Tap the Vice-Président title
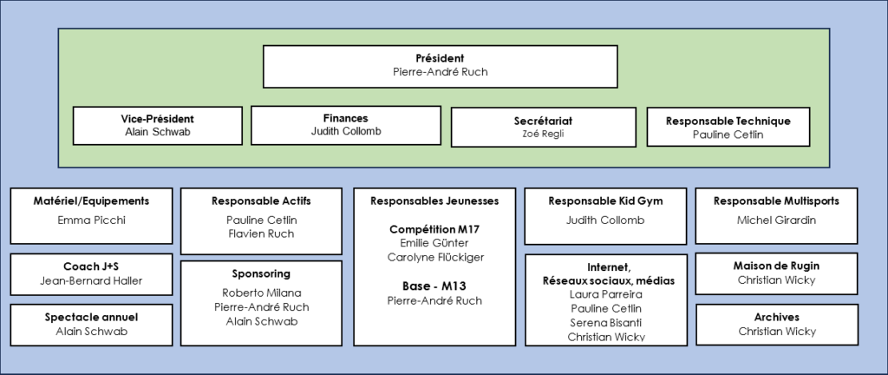point(157,118)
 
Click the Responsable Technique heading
point(728,121)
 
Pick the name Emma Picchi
point(91,220)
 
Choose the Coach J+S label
point(91,266)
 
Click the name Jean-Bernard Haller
point(91,280)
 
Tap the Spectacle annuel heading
point(91,317)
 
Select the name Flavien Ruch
point(260,234)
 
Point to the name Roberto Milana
point(260,293)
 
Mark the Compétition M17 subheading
point(435,228)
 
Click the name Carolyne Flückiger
point(435,258)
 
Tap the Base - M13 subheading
point(435,285)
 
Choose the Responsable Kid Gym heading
point(605,201)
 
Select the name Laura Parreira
point(605,294)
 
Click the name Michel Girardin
point(776,220)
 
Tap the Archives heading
point(777,317)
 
